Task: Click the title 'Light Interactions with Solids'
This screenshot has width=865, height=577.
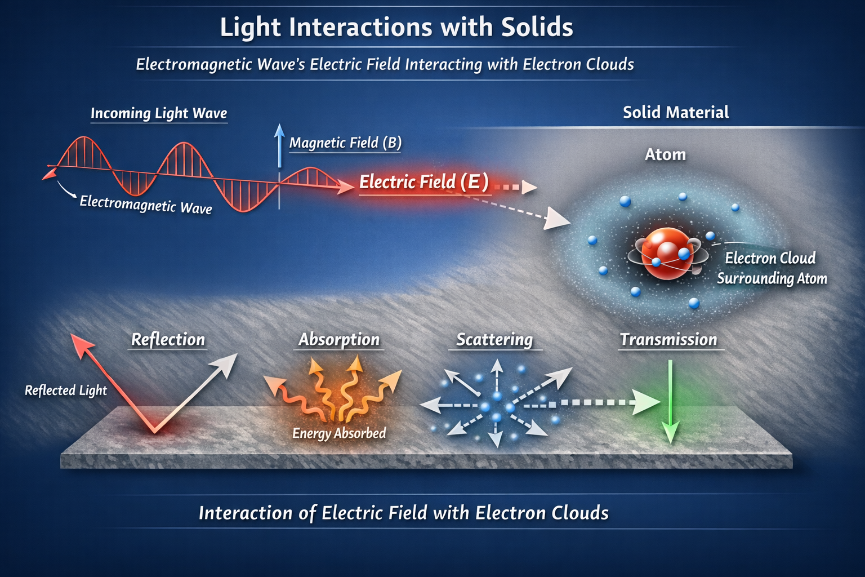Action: click(396, 27)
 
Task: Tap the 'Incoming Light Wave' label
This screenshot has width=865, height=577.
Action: click(159, 113)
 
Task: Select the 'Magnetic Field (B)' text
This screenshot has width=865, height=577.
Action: click(345, 143)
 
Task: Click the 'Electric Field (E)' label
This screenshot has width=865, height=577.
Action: click(423, 182)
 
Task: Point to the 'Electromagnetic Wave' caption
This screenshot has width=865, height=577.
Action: click(146, 204)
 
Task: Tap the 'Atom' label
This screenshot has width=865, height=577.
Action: click(665, 154)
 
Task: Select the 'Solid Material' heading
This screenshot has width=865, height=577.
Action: click(675, 112)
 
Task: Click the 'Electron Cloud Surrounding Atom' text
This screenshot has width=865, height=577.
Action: click(771, 268)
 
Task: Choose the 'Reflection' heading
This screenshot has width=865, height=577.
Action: click(168, 339)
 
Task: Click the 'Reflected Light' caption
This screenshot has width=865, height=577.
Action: click(66, 390)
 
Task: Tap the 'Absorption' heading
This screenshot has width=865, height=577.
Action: click(339, 339)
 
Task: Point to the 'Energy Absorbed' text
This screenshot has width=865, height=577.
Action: click(339, 433)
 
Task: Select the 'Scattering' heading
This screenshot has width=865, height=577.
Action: click(494, 339)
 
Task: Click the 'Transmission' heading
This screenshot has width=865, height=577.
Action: click(668, 339)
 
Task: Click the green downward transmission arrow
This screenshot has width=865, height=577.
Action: click(670, 403)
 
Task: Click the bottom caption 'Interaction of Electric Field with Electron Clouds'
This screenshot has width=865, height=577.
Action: click(403, 513)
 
